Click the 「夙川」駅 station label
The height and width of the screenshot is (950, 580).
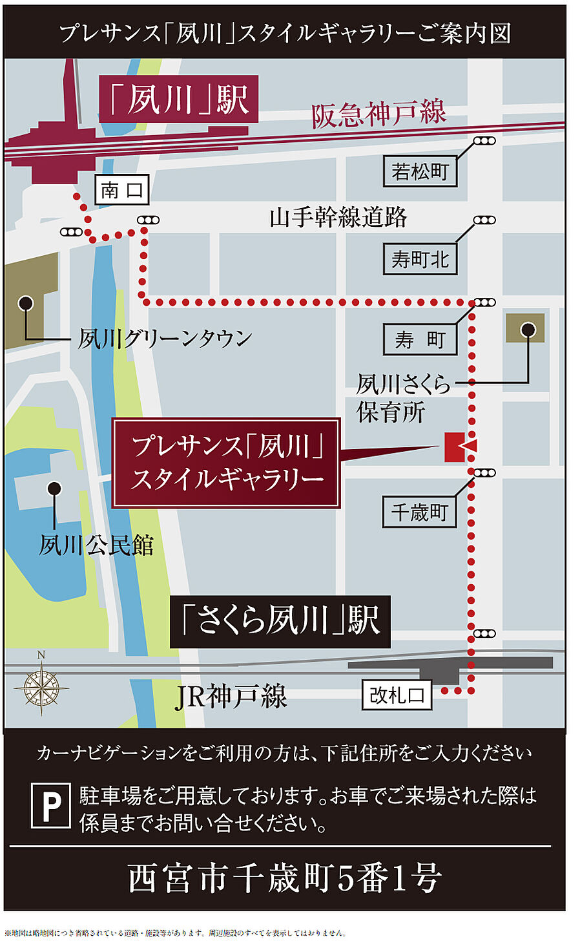(x=178, y=100)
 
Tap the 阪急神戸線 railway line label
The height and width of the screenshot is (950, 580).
(x=378, y=114)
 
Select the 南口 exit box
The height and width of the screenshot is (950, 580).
(x=121, y=190)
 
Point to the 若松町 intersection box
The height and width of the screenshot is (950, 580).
(x=420, y=171)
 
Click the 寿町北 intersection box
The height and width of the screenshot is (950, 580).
(x=420, y=259)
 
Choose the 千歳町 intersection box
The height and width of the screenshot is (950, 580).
(x=420, y=512)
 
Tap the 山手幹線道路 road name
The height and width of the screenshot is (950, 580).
(x=338, y=217)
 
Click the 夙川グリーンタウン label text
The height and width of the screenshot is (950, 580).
(x=165, y=339)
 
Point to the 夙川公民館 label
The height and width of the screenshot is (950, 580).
(x=96, y=545)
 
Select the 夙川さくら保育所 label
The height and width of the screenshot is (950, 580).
(x=402, y=398)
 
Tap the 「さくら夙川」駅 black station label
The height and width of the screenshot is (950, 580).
(x=280, y=621)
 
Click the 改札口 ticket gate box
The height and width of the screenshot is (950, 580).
(x=397, y=695)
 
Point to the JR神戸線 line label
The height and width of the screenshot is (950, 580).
(x=231, y=697)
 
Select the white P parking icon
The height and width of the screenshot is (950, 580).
(x=51, y=805)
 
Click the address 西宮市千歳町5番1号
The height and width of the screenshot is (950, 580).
(x=284, y=878)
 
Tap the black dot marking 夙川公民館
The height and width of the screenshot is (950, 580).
(x=54, y=488)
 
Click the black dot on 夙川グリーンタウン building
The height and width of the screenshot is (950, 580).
(x=26, y=302)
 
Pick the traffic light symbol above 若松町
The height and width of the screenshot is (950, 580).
(x=484, y=141)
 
